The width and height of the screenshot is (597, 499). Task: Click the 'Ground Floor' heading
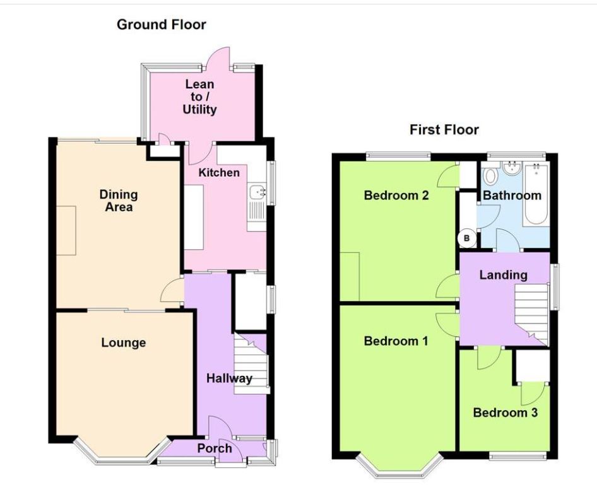point(161,25)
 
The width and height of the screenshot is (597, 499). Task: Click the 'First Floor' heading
point(444,130)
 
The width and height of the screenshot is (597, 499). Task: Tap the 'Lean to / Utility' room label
point(199,97)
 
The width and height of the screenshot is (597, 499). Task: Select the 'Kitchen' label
point(219,172)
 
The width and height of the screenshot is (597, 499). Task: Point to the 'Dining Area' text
point(118,200)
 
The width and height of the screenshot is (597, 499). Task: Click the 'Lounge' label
point(123,343)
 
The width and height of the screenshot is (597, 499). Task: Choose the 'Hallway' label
point(229,379)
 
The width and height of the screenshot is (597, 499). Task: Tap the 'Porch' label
point(214,449)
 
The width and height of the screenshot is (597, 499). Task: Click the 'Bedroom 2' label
point(396,196)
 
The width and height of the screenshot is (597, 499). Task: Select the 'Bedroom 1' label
point(396,341)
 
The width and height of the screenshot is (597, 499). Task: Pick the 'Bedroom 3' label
point(505,413)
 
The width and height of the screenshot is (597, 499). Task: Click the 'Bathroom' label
point(512,196)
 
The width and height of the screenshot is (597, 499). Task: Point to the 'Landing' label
point(503,275)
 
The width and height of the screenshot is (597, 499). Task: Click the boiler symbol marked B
point(467,238)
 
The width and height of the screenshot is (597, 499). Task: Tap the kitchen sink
point(257,192)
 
